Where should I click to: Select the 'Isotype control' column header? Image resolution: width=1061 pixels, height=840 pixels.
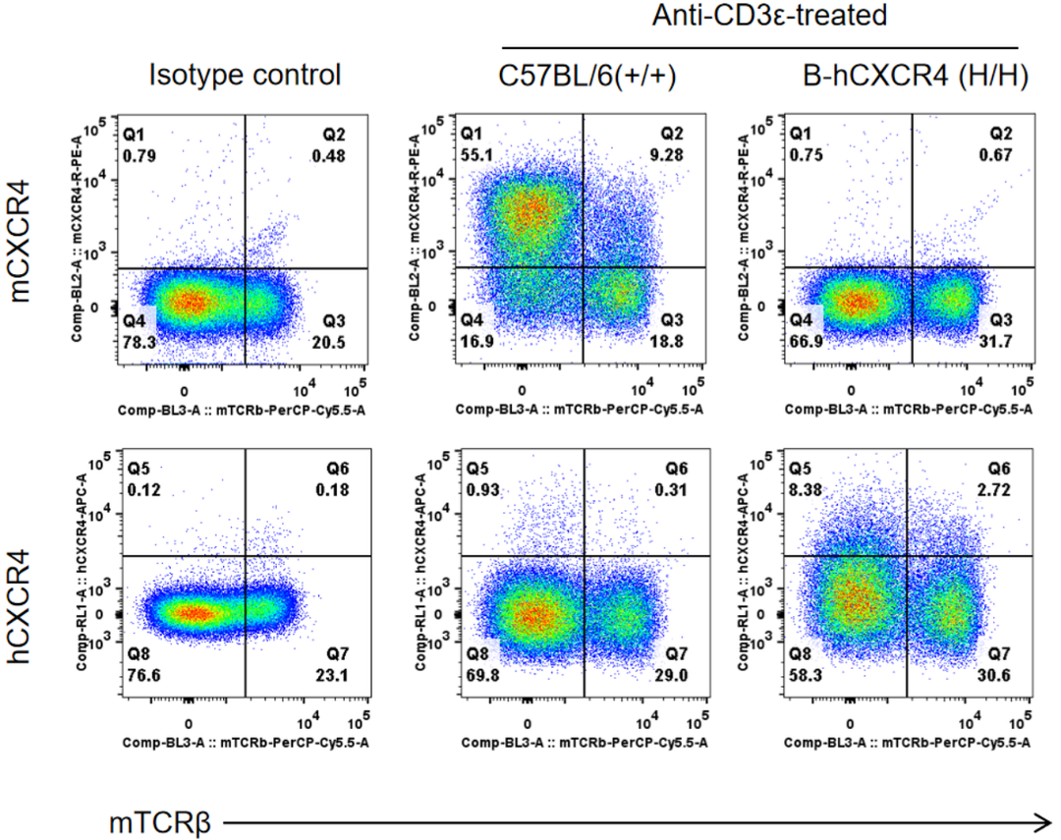tap(245, 75)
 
